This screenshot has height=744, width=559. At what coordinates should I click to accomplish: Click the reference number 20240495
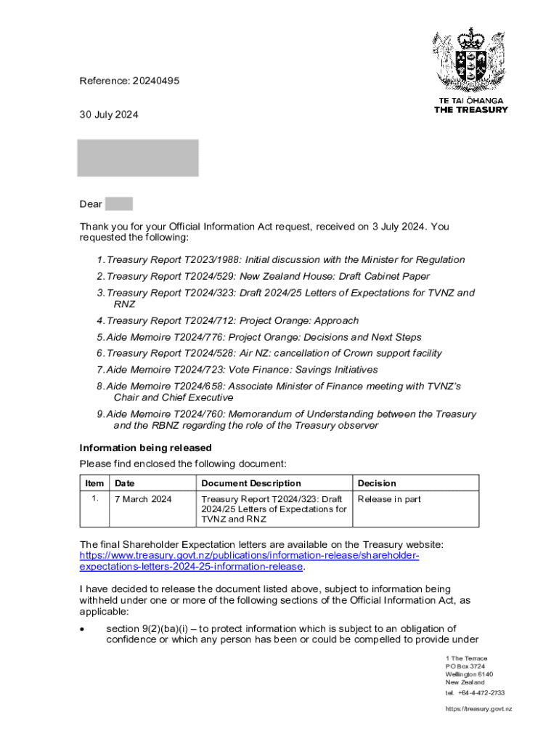tap(155, 81)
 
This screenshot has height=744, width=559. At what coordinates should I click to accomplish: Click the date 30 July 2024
tap(109, 115)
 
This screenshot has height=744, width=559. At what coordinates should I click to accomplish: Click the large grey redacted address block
tap(138, 158)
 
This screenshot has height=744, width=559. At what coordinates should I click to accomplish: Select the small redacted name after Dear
tap(118, 204)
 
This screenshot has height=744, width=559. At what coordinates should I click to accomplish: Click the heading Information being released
tap(145, 448)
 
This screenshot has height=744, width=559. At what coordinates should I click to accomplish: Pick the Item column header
tap(94, 483)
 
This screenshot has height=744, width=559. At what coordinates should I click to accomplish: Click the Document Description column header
tap(250, 483)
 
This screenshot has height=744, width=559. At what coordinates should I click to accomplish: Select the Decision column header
tap(377, 483)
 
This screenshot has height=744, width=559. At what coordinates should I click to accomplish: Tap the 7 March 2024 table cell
tap(143, 499)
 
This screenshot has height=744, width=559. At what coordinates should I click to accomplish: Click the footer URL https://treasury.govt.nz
tap(478, 709)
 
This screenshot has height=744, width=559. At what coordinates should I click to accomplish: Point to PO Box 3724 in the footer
tap(465, 666)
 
